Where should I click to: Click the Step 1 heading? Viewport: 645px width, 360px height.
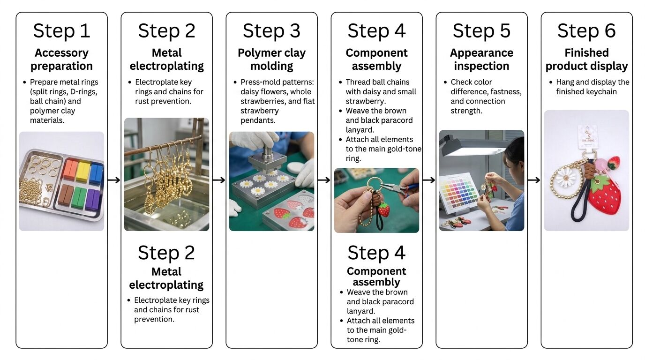click(x=61, y=31)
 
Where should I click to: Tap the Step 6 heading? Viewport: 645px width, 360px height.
click(x=586, y=31)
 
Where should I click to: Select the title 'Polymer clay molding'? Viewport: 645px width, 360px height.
click(x=271, y=60)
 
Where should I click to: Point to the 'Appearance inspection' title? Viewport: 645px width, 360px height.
click(x=481, y=60)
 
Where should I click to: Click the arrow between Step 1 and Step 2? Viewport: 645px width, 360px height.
click(x=114, y=180)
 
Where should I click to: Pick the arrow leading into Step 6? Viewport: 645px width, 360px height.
click(x=534, y=180)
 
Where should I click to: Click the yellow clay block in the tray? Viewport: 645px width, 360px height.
click(x=83, y=171)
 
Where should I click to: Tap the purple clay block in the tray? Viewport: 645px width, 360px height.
click(x=93, y=199)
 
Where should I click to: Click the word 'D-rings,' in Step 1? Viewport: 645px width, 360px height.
click(x=83, y=92)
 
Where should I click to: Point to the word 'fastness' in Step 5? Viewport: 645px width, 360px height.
click(x=504, y=92)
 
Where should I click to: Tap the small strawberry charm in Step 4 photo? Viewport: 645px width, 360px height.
click(x=384, y=210)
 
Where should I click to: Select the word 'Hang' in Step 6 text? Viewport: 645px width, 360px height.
click(x=565, y=82)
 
